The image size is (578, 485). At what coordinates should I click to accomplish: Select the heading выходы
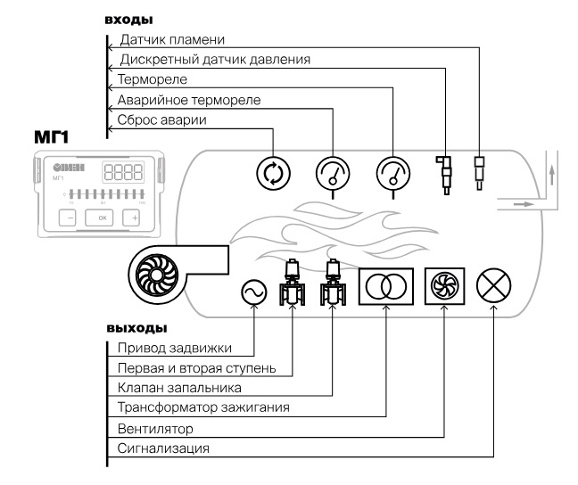(136, 327)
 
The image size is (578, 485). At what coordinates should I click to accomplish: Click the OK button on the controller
(101, 218)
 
